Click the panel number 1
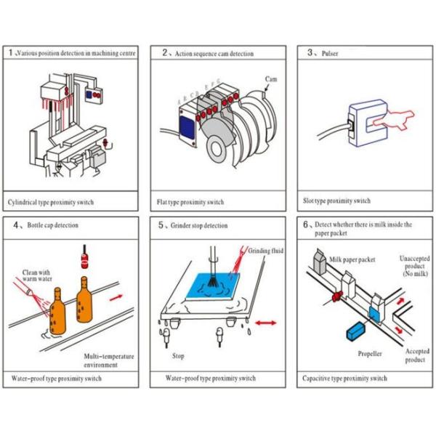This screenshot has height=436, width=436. click(x=10, y=53)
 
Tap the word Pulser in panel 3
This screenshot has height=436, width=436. click(x=331, y=53)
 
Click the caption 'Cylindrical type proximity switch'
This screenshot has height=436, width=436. click(x=51, y=201)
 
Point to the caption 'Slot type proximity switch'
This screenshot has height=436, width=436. click(x=336, y=201)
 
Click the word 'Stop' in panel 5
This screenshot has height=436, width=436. click(x=178, y=356)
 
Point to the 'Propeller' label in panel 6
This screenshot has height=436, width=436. click(x=370, y=354)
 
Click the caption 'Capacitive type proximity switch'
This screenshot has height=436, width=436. click(x=344, y=378)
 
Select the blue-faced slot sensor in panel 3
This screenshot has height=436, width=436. click(x=363, y=124)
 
